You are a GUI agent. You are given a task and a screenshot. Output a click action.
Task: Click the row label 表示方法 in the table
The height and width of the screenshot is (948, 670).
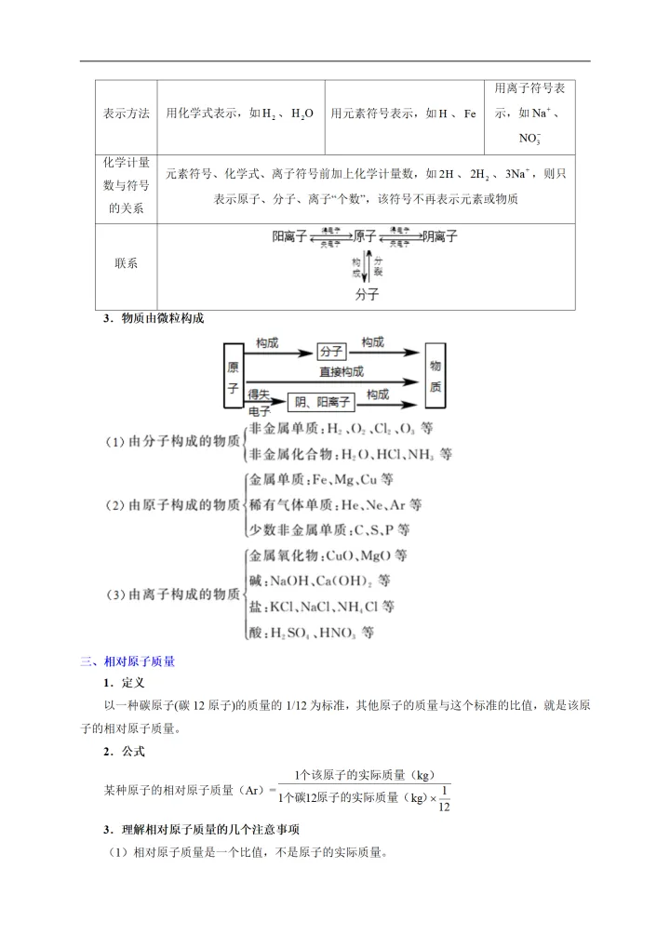pos(127,113)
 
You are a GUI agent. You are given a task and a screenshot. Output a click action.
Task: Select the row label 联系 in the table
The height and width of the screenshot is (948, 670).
pos(127,263)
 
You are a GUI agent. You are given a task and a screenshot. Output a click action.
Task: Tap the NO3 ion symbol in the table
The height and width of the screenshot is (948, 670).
pos(530,139)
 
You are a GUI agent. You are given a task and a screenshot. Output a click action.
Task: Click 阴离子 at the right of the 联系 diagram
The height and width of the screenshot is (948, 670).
pos(440,237)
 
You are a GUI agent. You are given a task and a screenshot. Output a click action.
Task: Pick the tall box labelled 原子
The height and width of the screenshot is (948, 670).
pos(233,376)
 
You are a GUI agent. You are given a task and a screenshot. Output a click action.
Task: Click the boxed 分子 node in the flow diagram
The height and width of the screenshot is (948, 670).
pos(331,352)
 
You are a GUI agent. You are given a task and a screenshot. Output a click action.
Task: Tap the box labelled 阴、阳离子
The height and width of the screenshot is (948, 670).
pos(322,402)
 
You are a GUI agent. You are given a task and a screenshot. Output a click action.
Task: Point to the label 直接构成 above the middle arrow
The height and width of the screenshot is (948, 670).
pos(342,371)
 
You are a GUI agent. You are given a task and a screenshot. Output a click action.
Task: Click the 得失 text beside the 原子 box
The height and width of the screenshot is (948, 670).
pos(259,394)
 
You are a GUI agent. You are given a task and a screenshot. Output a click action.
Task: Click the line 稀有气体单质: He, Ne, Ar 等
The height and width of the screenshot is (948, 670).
pos(335,505)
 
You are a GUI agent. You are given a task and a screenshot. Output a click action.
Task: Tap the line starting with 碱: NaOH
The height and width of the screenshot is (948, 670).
pos(319,581)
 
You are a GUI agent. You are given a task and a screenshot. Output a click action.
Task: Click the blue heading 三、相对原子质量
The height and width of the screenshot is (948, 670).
pos(127,661)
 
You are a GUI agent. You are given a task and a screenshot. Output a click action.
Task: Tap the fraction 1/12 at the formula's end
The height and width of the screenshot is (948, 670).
pos(443,799)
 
